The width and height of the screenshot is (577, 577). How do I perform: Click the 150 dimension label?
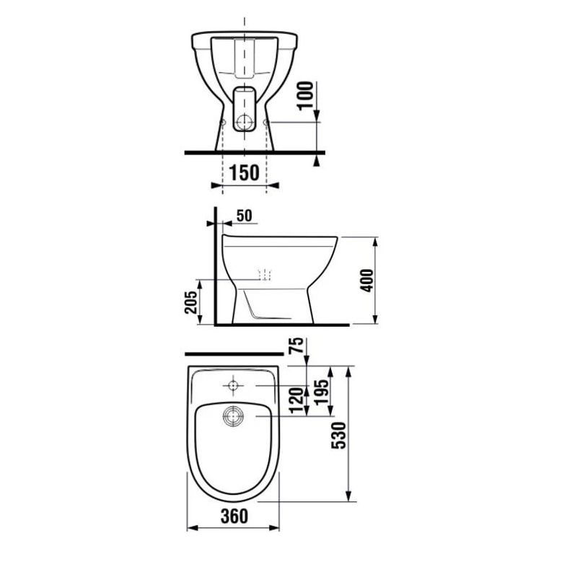click(x=244, y=173)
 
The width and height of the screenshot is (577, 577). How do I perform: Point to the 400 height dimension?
click(x=366, y=280)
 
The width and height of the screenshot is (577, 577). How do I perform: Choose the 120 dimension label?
click(x=294, y=400)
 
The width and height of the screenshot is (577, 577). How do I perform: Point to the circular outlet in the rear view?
click(x=245, y=123)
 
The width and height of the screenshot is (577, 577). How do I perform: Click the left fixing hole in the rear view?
click(x=222, y=123)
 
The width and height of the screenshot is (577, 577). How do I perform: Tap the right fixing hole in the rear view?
click(x=268, y=123)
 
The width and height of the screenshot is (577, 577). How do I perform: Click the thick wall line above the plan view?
click(x=234, y=355)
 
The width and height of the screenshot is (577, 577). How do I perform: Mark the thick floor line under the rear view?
click(x=252, y=153)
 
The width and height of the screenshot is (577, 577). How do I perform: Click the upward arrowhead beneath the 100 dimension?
click(x=317, y=159)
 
